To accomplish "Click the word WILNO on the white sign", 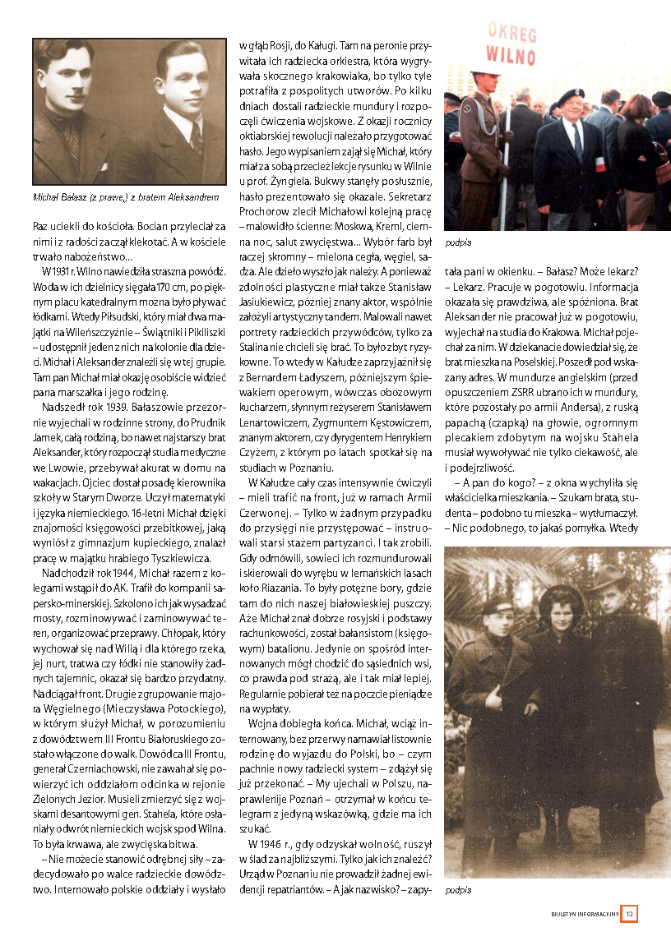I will coord(510,55).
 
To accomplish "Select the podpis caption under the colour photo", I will coord(456,243).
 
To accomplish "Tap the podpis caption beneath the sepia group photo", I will coord(456,890).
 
